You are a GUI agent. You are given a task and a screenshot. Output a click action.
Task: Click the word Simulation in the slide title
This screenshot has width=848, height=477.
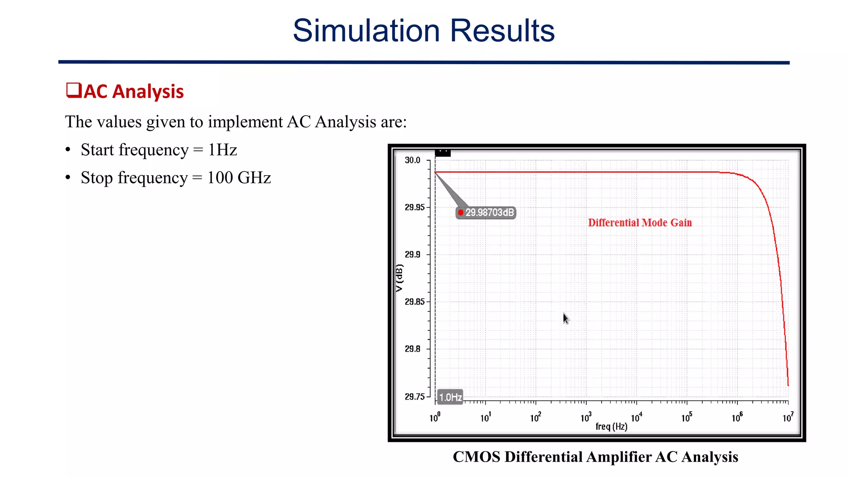366,31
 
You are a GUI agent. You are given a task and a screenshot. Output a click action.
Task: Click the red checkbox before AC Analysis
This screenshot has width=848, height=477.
73,90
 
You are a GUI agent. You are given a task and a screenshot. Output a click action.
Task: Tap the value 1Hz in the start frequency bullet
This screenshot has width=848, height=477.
222,150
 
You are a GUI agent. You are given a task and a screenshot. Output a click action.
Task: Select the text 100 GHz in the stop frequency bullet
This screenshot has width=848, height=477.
239,178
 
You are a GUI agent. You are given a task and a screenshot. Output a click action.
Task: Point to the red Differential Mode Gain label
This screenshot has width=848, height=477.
640,223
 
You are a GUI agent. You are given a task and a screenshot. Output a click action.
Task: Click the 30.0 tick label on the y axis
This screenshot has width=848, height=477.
412,160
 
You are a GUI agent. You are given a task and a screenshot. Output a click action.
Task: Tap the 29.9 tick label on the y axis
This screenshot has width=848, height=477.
412,255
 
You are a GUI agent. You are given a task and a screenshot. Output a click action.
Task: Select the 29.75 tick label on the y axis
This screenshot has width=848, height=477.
414,397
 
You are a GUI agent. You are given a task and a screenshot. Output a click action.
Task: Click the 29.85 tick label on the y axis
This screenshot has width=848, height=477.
414,302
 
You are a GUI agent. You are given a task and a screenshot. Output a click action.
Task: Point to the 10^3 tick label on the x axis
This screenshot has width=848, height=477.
585,417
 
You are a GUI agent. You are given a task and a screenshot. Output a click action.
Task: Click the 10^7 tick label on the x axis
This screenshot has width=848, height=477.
788,417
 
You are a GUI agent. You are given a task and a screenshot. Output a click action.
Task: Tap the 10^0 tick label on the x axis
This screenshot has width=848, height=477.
434,417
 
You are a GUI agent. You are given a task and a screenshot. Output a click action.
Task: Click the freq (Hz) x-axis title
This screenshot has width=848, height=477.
611,426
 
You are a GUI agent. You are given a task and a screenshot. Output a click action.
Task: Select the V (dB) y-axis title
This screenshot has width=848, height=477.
399,278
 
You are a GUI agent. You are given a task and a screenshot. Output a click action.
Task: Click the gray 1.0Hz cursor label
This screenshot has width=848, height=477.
450,397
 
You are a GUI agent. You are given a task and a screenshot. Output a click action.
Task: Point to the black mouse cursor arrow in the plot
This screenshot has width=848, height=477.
566,318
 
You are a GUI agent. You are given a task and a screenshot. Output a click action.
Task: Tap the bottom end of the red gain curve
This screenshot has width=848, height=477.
788,385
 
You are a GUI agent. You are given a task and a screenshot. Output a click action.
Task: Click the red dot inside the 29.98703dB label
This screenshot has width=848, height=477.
460,213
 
